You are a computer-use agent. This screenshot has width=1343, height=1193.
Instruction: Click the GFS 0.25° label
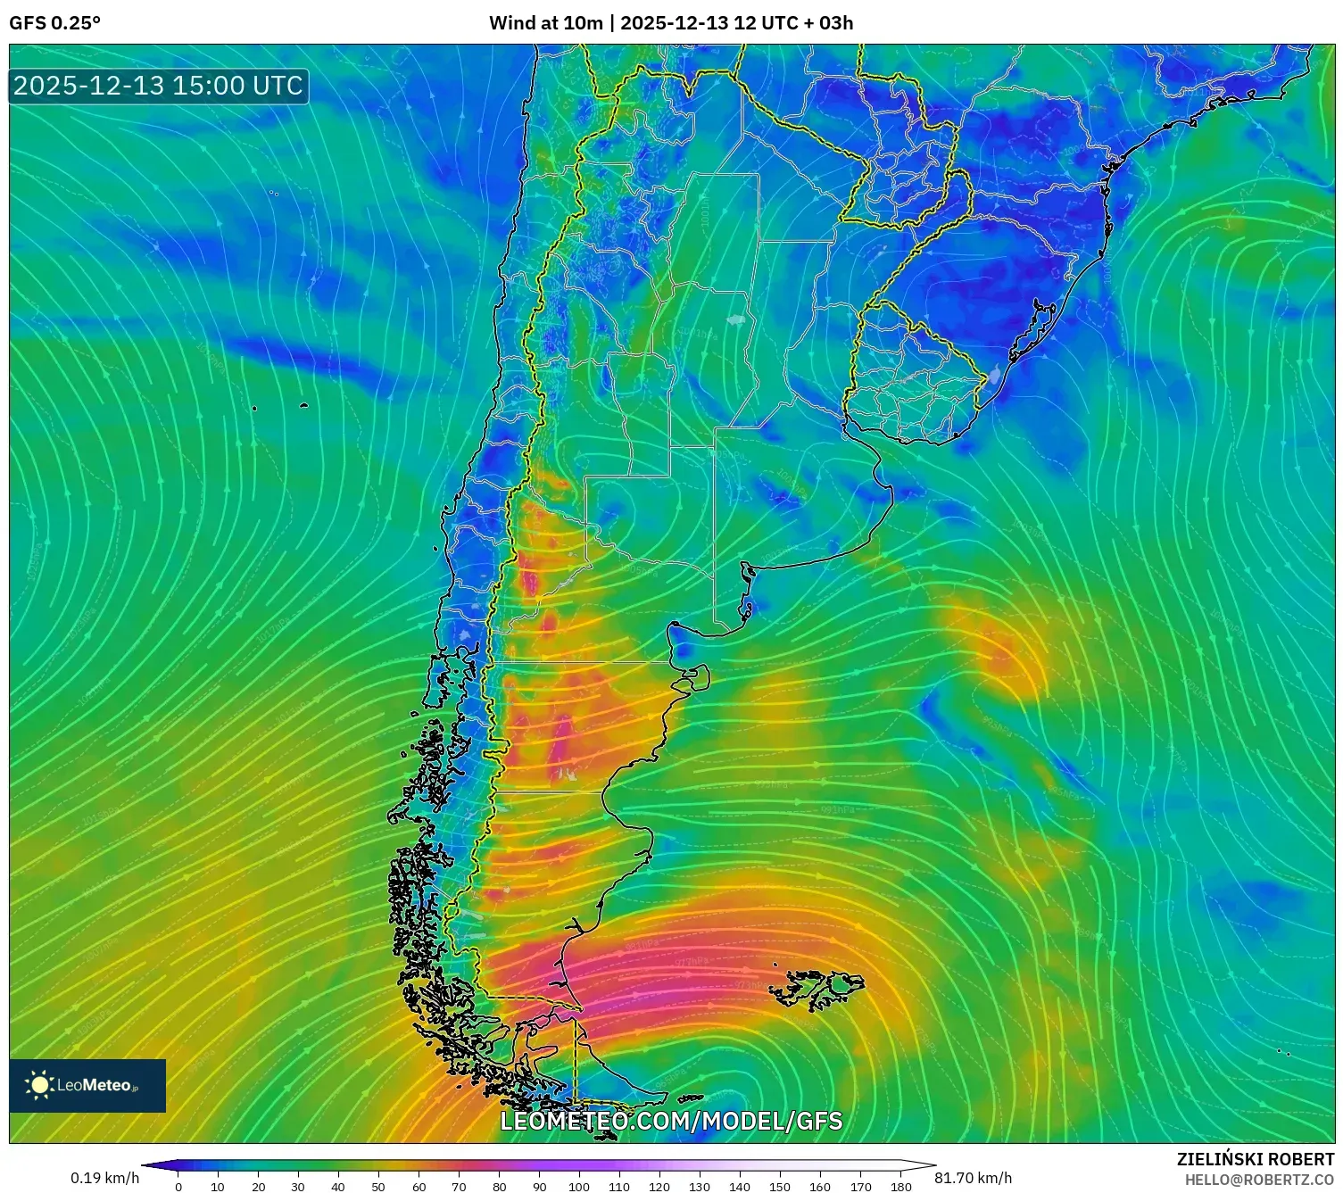pyautogui.click(x=54, y=23)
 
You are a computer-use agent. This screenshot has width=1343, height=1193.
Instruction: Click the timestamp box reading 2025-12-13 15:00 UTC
pyautogui.click(x=158, y=86)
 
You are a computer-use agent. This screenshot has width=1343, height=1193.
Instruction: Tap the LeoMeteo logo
pyautogui.click(x=87, y=1085)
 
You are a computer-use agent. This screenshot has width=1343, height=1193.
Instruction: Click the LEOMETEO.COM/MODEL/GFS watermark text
pyautogui.click(x=671, y=1121)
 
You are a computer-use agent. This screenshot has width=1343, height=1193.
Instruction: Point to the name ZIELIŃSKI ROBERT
pyautogui.click(x=1256, y=1159)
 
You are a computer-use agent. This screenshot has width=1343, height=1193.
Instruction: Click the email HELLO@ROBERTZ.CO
pyautogui.click(x=1259, y=1180)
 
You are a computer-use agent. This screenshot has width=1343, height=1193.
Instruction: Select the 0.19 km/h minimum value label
pyautogui.click(x=104, y=1178)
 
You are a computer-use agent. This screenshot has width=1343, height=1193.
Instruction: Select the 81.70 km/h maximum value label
pyautogui.click(x=974, y=1178)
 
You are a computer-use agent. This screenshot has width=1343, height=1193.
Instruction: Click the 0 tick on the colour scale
pyautogui.click(x=178, y=1187)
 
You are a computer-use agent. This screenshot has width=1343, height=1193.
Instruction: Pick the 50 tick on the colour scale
pyautogui.click(x=378, y=1187)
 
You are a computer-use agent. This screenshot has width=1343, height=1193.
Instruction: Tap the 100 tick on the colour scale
pyautogui.click(x=579, y=1187)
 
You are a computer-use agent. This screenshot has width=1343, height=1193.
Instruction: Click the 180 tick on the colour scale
pyautogui.click(x=900, y=1187)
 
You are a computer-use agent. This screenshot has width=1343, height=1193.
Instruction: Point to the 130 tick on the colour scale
pyautogui.click(x=700, y=1187)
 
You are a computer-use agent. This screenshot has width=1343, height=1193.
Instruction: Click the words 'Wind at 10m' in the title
pyautogui.click(x=545, y=23)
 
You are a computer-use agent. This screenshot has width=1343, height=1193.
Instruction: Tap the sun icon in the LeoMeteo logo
pyautogui.click(x=39, y=1085)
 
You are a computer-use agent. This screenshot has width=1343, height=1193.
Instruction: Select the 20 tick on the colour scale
pyautogui.click(x=258, y=1187)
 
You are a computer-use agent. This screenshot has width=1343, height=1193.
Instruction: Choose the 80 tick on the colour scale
pyautogui.click(x=499, y=1187)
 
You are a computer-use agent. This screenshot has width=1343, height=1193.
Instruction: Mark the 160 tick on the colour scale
pyautogui.click(x=820, y=1187)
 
